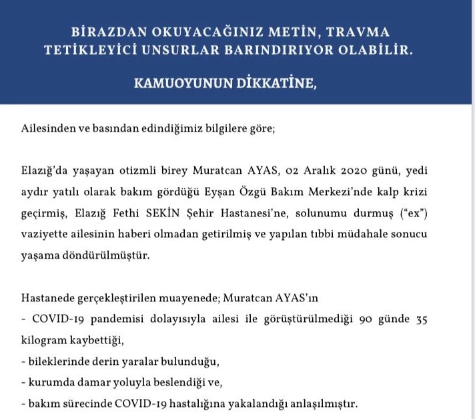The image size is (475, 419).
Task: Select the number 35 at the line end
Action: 420,319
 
